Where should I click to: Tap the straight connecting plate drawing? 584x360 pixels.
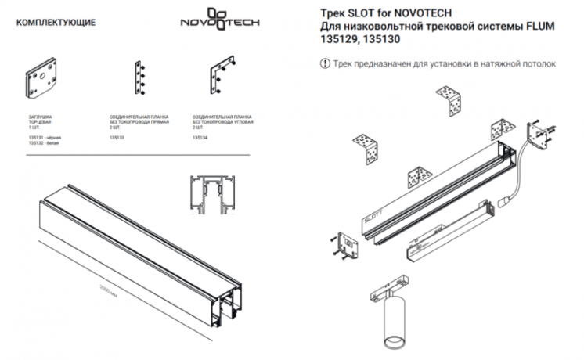click(142, 79)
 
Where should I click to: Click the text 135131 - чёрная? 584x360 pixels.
click(45, 138)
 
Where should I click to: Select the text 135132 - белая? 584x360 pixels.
click(44, 145)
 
